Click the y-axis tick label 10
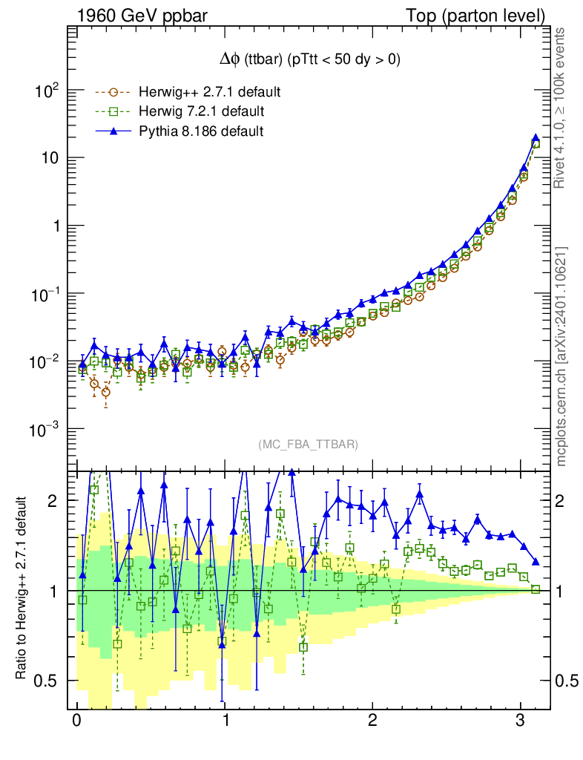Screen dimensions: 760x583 pos(50,158)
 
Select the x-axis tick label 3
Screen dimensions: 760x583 pos(521,722)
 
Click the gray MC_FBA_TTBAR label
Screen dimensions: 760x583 pos(309,445)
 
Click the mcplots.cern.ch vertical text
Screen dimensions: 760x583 pos(562,356)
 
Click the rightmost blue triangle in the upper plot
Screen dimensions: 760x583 pos(536,138)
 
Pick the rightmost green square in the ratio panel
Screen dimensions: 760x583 pos(536,589)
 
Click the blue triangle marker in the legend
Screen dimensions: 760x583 pos(113,131)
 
